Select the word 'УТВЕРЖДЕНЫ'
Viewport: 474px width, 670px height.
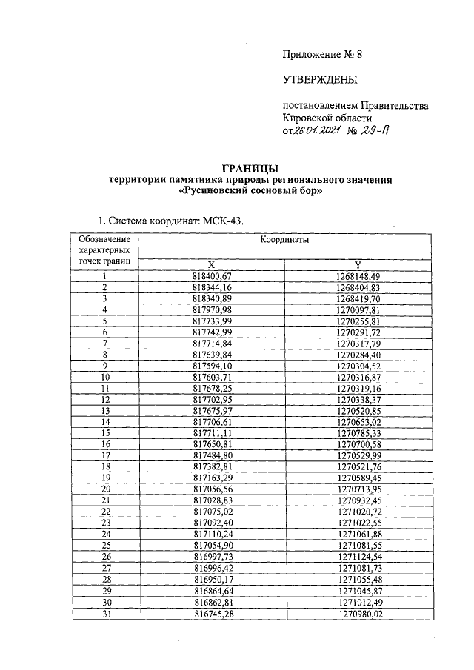click(x=320, y=79)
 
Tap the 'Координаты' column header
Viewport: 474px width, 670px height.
click(x=284, y=241)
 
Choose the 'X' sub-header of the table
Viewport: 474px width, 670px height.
click(x=212, y=266)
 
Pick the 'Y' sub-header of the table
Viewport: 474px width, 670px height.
click(x=358, y=266)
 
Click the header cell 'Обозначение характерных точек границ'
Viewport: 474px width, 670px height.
click(x=104, y=250)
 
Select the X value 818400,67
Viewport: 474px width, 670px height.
click(x=213, y=276)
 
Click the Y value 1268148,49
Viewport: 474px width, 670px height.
click(x=358, y=276)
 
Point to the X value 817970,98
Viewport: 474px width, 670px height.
click(x=213, y=309)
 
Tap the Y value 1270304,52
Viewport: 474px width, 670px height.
click(x=358, y=365)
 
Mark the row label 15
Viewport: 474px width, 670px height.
click(x=104, y=432)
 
